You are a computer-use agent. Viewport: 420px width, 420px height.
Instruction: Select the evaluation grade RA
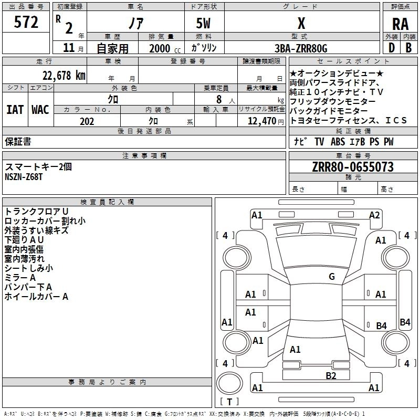[x=400, y=24]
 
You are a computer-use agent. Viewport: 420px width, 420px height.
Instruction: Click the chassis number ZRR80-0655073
[x=353, y=167]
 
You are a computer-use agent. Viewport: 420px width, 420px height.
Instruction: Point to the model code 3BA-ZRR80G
[x=301, y=48]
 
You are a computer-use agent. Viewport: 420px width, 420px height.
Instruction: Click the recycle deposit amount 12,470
[x=261, y=121]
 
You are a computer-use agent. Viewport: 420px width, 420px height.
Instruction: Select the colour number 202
[x=87, y=121]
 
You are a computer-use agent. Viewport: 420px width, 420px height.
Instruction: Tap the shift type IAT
[x=15, y=110]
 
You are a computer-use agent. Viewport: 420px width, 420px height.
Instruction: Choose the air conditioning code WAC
[x=40, y=110]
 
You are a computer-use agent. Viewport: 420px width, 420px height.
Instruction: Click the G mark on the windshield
[x=331, y=276]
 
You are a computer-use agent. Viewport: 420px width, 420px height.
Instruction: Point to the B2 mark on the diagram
[x=330, y=375]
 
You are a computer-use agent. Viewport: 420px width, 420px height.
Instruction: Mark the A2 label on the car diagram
[x=374, y=215]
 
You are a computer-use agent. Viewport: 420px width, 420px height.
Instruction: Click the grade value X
[x=301, y=24]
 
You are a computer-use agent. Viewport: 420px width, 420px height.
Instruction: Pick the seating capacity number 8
[x=217, y=99]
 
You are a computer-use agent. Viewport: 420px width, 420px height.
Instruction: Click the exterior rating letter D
[x=391, y=48]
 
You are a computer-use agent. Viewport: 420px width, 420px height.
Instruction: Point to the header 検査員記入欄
[x=107, y=202]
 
